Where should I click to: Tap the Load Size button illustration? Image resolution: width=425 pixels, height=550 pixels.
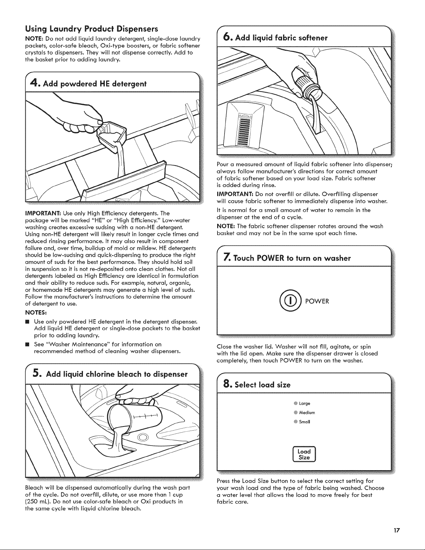[x=304, y=454]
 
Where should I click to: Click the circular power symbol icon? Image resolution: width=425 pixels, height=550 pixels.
[x=290, y=301]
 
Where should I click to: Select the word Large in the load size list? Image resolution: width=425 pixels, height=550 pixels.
[x=304, y=404]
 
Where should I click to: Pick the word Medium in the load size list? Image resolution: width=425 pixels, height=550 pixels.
[x=307, y=413]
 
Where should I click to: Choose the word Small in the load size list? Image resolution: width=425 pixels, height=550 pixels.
[x=304, y=422]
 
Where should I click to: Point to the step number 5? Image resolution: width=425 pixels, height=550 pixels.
[x=36, y=373]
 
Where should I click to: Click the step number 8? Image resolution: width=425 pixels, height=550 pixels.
[x=227, y=384]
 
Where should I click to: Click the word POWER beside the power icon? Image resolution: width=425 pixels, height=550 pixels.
[x=317, y=301]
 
